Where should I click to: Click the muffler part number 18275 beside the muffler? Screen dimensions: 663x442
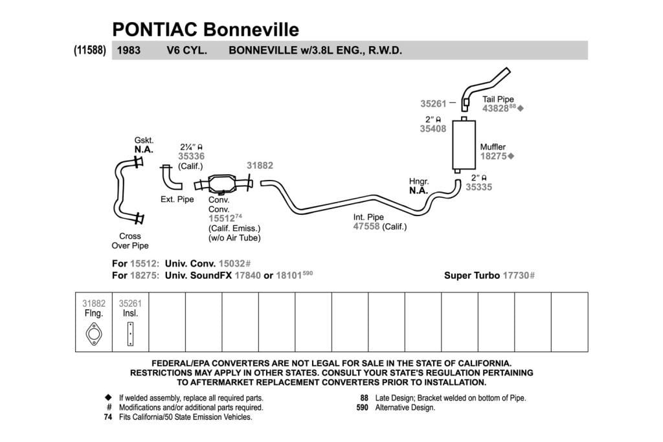pyautogui.click(x=493, y=157)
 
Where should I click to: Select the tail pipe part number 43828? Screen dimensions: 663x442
pyautogui.click(x=495, y=109)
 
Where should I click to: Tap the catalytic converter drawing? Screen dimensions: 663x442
pyautogui.click(x=223, y=184)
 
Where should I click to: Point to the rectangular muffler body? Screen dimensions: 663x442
pyautogui.click(x=464, y=144)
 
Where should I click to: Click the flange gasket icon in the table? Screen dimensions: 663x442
pyautogui.click(x=94, y=334)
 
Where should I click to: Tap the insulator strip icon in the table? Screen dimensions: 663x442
pyautogui.click(x=130, y=334)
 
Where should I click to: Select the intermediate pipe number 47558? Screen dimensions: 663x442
pyautogui.click(x=366, y=227)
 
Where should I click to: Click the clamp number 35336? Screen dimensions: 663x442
pyautogui.click(x=191, y=157)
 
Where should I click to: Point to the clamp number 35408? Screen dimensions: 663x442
pyautogui.click(x=433, y=129)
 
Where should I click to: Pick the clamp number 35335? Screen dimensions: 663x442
pyautogui.click(x=479, y=187)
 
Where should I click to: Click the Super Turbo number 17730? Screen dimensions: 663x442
pyautogui.click(x=516, y=276)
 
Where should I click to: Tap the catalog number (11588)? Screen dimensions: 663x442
pyautogui.click(x=89, y=50)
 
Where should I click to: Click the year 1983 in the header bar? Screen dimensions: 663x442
pyautogui.click(x=129, y=50)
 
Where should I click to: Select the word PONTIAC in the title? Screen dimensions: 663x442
pyautogui.click(x=155, y=30)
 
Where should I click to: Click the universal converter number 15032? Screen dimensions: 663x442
pyautogui.click(x=232, y=263)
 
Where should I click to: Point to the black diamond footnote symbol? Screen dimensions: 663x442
pyautogui.click(x=108, y=397)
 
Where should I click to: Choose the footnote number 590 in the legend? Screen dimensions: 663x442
pyautogui.click(x=363, y=408)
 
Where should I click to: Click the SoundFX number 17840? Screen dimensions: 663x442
pyautogui.click(x=248, y=276)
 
